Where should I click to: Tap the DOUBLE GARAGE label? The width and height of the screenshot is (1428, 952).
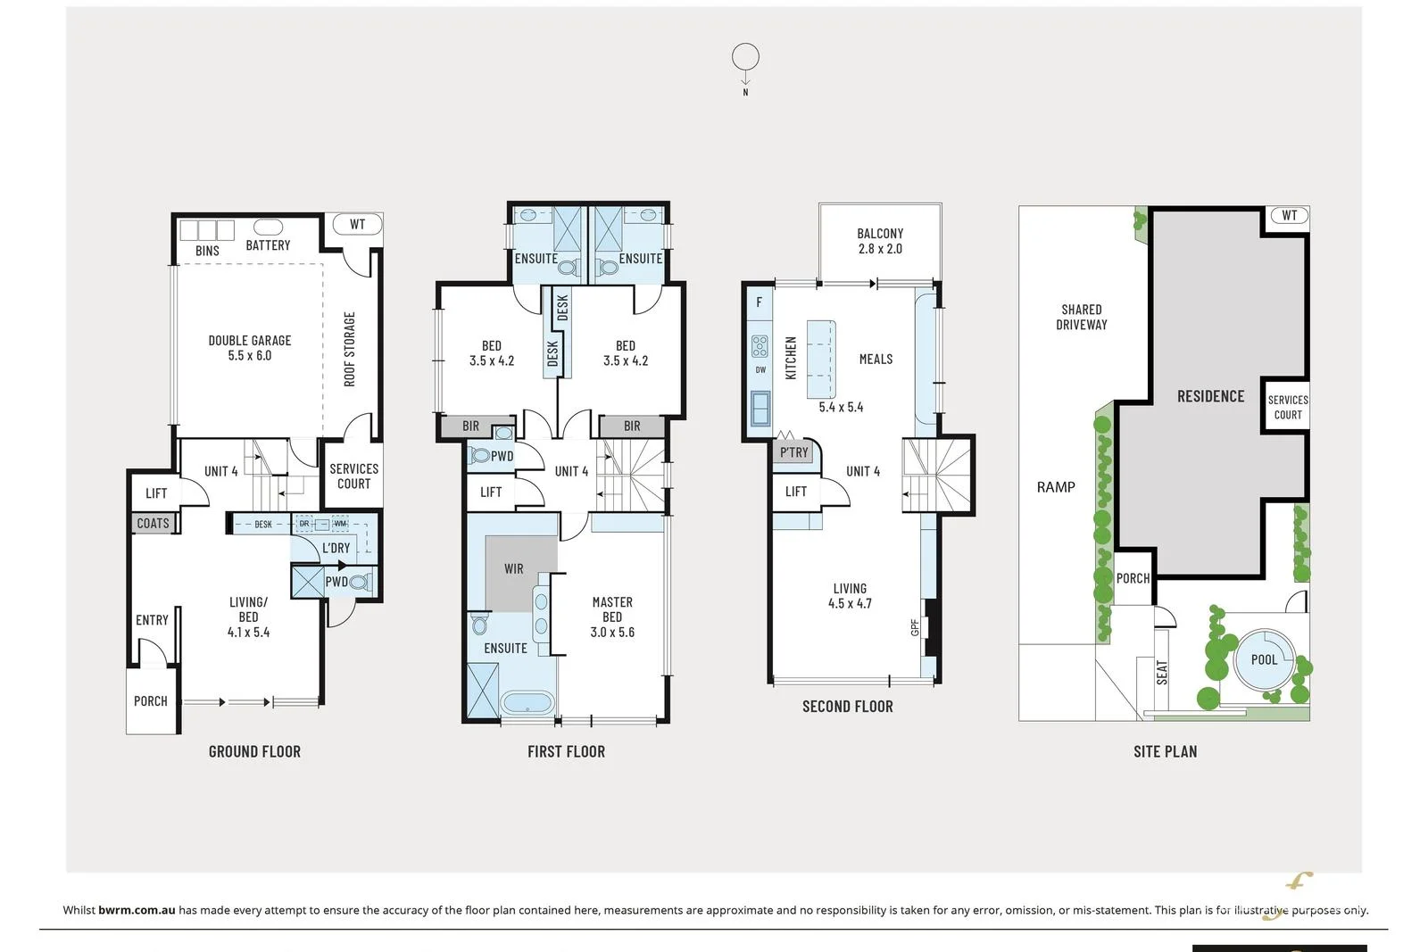pos(250,348)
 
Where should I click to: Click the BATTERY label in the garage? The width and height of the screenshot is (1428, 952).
pos(268,245)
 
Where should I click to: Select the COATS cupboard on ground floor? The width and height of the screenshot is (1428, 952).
pos(153,524)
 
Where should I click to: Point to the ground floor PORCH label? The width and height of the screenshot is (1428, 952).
pos(151,701)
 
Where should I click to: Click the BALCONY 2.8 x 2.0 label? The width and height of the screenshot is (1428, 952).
pos(880,241)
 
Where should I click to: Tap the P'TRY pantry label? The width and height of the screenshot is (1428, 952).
pos(793,452)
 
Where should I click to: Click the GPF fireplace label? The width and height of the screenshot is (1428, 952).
pos(915,628)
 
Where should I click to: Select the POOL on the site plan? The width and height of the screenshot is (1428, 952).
pos(1264,660)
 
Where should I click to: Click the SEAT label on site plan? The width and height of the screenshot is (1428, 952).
pos(1162,673)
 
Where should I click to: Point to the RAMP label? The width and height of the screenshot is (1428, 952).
pos(1056,487)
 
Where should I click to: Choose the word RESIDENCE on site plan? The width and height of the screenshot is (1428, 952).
pos(1210,396)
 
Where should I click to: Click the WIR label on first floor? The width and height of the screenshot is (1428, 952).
pos(514,569)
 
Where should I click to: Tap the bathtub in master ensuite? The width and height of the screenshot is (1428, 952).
pos(527,703)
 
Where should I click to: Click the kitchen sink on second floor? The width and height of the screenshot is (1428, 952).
pos(760,409)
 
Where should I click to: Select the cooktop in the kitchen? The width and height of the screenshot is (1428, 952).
pos(760,346)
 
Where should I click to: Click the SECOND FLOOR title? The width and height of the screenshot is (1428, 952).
pos(847,707)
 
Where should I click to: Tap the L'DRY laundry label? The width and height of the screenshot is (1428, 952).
pos(336,548)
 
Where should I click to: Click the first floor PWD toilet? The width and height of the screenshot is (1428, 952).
pos(480,456)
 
